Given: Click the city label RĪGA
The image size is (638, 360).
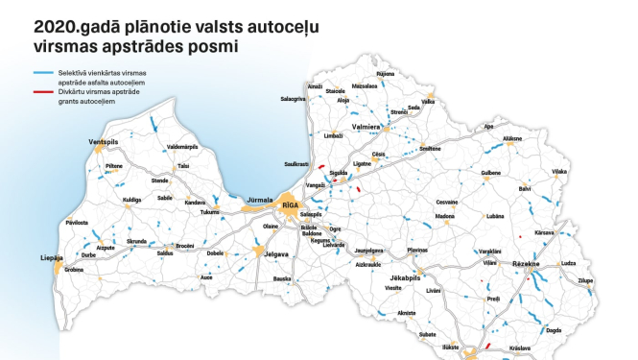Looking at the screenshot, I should (291, 204).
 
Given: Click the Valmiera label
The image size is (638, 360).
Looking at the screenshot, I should (368, 127).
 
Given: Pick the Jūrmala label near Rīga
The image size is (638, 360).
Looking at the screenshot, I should (260, 200).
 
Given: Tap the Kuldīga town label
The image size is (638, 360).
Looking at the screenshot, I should (131, 200).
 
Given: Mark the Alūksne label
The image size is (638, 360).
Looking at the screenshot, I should (512, 138).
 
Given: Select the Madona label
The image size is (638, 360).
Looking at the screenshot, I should (444, 217).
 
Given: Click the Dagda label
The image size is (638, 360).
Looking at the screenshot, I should (553, 329).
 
